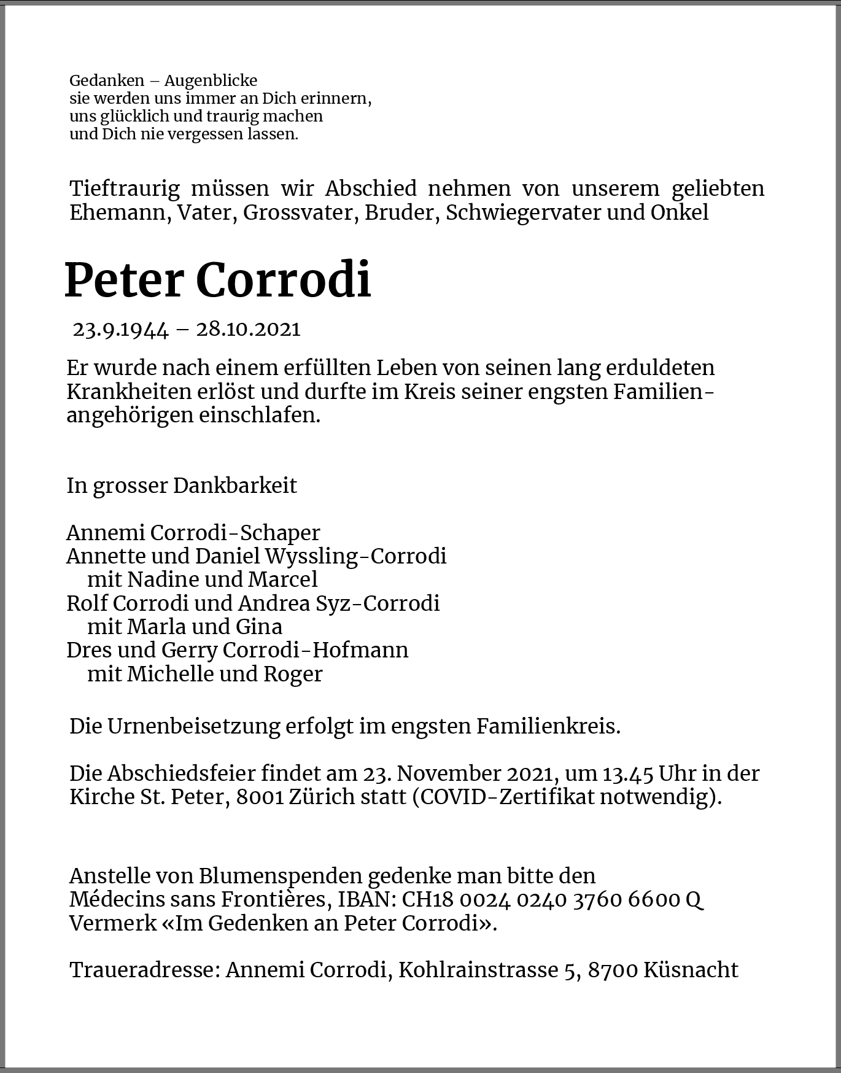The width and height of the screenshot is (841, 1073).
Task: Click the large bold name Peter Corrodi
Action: (x=218, y=280)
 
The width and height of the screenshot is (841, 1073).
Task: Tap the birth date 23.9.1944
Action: (x=120, y=330)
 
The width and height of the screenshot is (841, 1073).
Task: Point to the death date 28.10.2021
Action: (x=248, y=330)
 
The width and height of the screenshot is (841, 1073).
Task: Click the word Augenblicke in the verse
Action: (x=211, y=80)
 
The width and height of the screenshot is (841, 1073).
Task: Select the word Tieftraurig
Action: (x=125, y=188)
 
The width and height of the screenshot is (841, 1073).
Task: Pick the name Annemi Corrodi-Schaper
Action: (x=193, y=533)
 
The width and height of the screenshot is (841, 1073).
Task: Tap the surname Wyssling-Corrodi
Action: (x=355, y=556)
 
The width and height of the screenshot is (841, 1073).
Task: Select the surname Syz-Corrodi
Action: (x=377, y=603)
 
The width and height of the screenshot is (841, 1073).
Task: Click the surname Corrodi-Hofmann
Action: (x=316, y=650)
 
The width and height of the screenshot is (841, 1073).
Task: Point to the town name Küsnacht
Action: (x=691, y=970)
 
